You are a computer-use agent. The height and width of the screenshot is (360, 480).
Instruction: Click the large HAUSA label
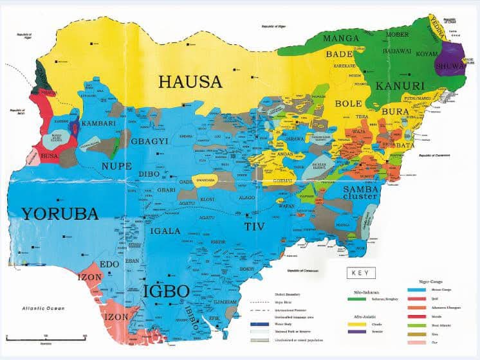click(x=190, y=82)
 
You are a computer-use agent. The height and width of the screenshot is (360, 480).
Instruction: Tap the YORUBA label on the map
click(x=59, y=213)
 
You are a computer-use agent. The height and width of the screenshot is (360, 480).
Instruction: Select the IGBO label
click(x=166, y=291)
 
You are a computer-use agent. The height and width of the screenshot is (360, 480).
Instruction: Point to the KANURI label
click(x=400, y=85)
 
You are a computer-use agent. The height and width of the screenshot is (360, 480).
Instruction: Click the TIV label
click(x=254, y=226)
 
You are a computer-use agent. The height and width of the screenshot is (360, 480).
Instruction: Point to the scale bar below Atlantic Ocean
click(x=46, y=336)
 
